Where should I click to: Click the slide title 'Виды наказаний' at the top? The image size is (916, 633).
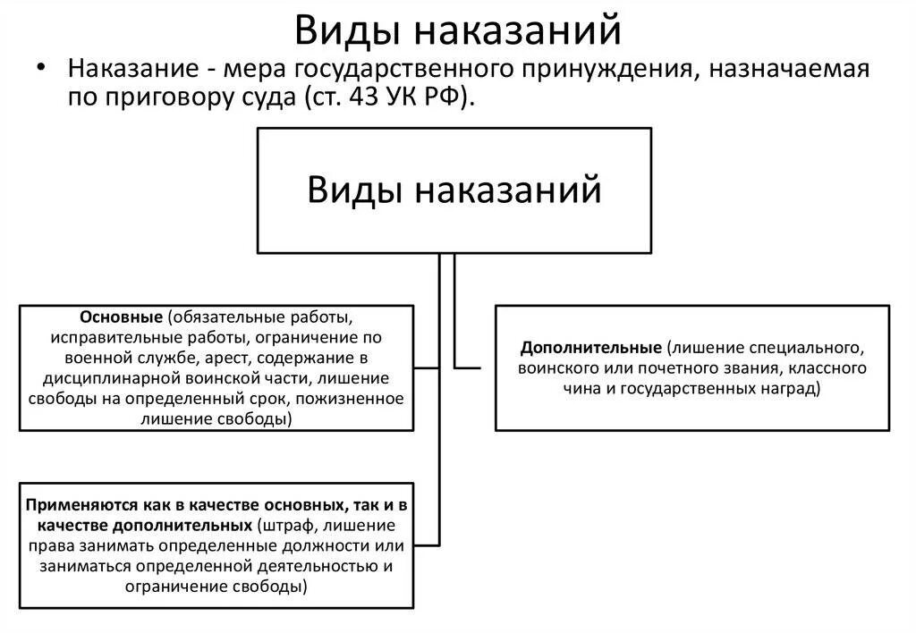457,30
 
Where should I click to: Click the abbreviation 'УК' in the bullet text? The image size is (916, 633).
399,97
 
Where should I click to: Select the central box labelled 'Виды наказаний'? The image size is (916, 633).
454,190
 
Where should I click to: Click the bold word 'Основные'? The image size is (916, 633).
121,317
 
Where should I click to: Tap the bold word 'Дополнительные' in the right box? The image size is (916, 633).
591,345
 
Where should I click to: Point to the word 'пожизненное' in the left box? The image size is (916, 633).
359,398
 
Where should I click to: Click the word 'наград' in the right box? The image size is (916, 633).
789,389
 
